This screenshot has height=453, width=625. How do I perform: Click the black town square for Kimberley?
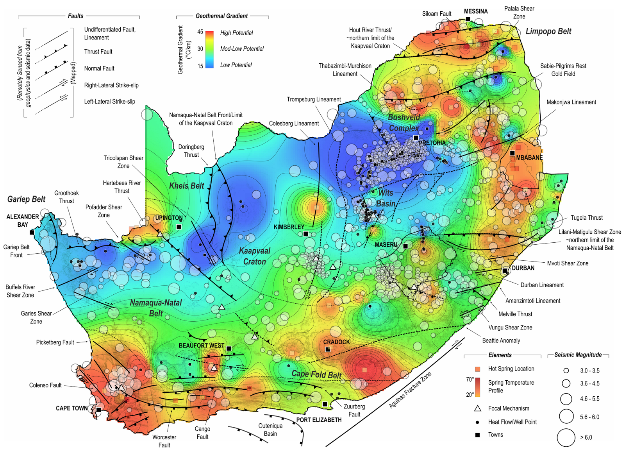click(x=306, y=234)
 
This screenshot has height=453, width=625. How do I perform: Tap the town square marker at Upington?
click(x=179, y=227)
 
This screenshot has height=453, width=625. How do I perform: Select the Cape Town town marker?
click(x=99, y=410)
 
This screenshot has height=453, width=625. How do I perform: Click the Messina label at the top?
click(x=475, y=11)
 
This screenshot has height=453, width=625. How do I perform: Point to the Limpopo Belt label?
click(x=548, y=31)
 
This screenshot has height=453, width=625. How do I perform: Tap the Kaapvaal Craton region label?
click(x=254, y=256)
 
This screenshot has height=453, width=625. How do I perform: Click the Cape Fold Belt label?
click(x=316, y=374)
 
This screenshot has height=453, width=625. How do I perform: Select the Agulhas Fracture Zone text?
click(x=410, y=390)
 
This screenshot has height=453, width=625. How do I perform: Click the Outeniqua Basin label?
click(x=270, y=430)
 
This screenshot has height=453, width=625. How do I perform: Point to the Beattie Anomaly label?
click(x=501, y=340)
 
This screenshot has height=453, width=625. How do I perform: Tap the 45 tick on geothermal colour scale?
click(x=200, y=32)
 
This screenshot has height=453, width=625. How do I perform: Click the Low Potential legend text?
click(x=236, y=65)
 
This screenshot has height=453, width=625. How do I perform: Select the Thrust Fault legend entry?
click(x=98, y=52)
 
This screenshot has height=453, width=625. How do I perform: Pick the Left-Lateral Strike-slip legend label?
click(x=109, y=102)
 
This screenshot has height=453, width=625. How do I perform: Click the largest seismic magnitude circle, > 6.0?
click(x=566, y=437)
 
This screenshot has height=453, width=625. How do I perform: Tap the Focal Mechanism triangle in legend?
click(x=477, y=408)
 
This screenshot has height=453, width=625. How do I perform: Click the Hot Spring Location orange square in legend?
click(x=477, y=369)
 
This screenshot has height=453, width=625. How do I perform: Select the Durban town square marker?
click(x=505, y=270)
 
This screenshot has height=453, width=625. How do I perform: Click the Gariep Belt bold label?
click(x=26, y=199)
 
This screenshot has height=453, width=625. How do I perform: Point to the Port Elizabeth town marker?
click(x=325, y=404)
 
